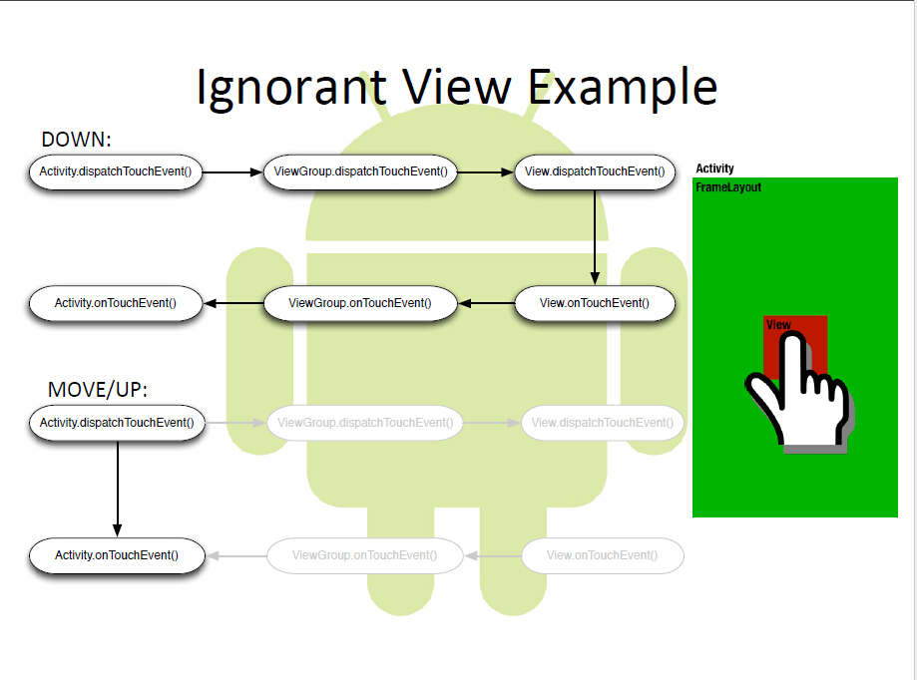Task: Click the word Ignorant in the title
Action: pos(291,88)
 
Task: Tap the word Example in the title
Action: pos(623,88)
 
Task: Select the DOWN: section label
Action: pos(76,140)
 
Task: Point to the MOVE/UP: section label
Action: pos(98,390)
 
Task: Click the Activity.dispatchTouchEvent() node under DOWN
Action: pos(115,171)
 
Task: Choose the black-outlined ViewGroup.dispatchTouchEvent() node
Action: pos(360,171)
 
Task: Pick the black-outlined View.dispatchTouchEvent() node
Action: pos(595,171)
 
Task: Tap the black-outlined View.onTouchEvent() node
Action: pos(595,303)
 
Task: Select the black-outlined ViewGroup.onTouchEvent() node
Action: pos(360,303)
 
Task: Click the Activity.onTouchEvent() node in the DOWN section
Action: pos(115,303)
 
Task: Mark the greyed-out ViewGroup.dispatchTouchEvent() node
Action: pos(365,423)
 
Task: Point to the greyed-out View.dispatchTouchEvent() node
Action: pos(603,423)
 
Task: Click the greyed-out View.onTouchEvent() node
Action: pos(603,555)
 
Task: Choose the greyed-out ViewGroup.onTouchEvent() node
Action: pos(365,555)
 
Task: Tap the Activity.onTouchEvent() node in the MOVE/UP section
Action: pos(117,555)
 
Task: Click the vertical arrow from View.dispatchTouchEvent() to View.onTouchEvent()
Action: pos(595,237)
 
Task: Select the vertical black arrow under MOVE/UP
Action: pos(118,489)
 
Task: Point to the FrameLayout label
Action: pos(728,187)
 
